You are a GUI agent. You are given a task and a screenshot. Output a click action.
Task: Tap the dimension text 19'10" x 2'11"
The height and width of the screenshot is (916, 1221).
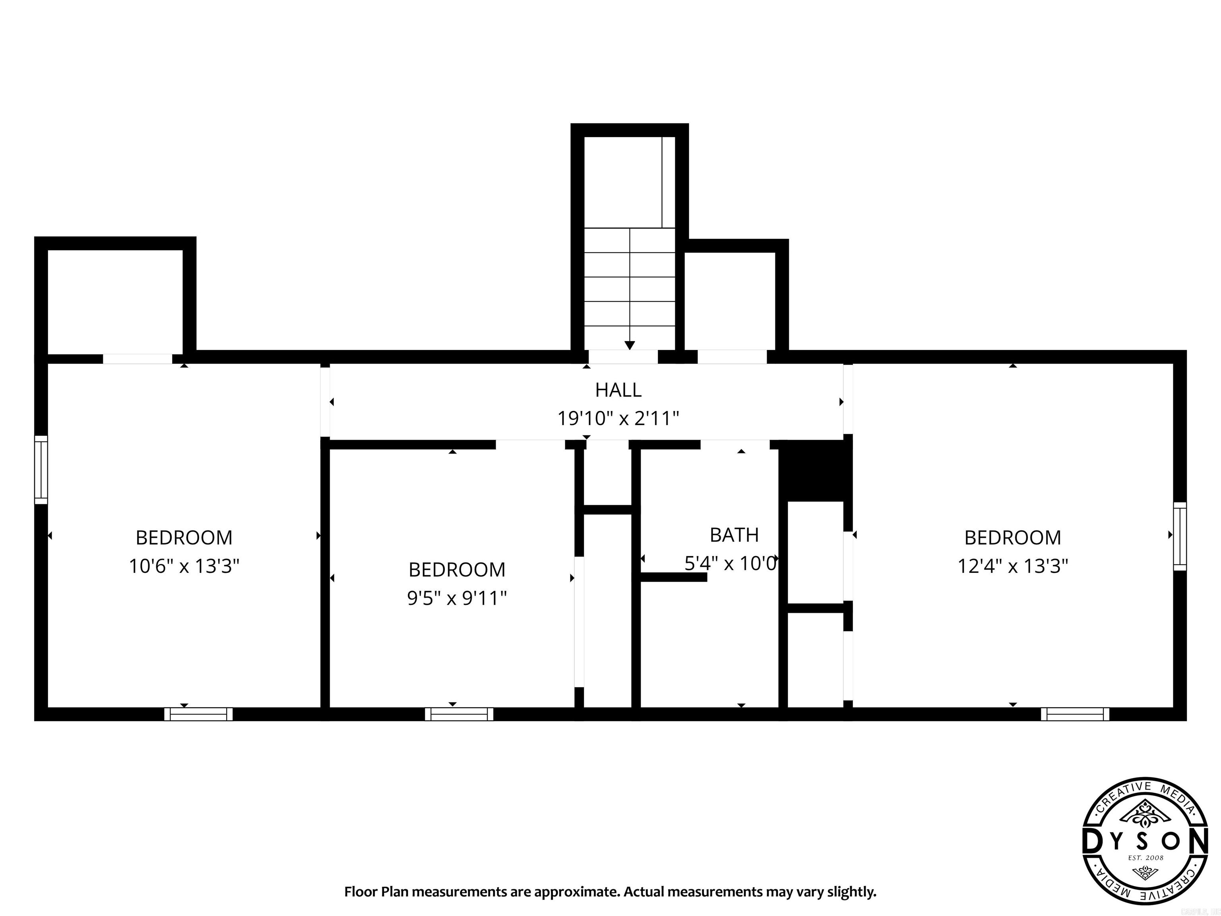618,419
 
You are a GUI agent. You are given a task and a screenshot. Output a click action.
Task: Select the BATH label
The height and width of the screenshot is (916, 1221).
734,535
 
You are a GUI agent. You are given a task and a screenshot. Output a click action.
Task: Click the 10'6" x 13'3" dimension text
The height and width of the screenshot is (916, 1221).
184,567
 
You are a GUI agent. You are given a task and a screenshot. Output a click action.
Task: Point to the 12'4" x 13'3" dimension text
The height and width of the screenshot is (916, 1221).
1012,567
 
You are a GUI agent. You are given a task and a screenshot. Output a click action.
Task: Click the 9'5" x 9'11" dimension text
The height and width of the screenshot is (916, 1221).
457,598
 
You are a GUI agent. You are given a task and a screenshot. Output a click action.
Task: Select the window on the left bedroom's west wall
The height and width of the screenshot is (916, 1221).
41,470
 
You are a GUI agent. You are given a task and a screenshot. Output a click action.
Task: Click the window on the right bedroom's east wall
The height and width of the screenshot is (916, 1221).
1180,536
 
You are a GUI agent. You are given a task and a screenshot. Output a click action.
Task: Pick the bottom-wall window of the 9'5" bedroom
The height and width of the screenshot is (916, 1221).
459,714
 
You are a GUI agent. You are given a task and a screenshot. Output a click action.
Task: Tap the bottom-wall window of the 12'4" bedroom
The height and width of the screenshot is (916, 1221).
1075,714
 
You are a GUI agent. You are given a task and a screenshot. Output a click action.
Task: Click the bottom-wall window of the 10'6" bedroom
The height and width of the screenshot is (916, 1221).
198,714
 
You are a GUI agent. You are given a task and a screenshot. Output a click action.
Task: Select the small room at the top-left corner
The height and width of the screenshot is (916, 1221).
115,301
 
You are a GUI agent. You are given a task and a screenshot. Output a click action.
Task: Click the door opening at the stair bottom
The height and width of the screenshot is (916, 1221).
623,357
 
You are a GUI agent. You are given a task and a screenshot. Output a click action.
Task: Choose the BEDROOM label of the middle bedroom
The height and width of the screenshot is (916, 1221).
457,570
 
